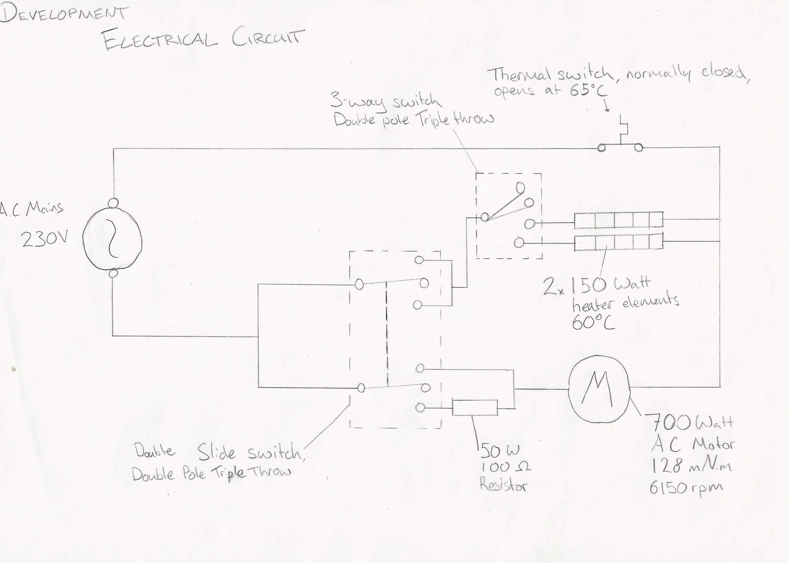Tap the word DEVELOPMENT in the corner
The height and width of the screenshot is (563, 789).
[x=64, y=14]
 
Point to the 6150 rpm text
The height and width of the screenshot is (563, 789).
[x=686, y=488]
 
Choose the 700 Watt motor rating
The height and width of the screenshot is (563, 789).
[x=693, y=423]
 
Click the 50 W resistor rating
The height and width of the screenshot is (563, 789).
[x=500, y=451]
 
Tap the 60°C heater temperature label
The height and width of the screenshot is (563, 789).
[x=593, y=323]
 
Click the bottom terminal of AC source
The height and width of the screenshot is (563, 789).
[x=113, y=274]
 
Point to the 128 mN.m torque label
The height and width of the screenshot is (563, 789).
[x=692, y=466]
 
